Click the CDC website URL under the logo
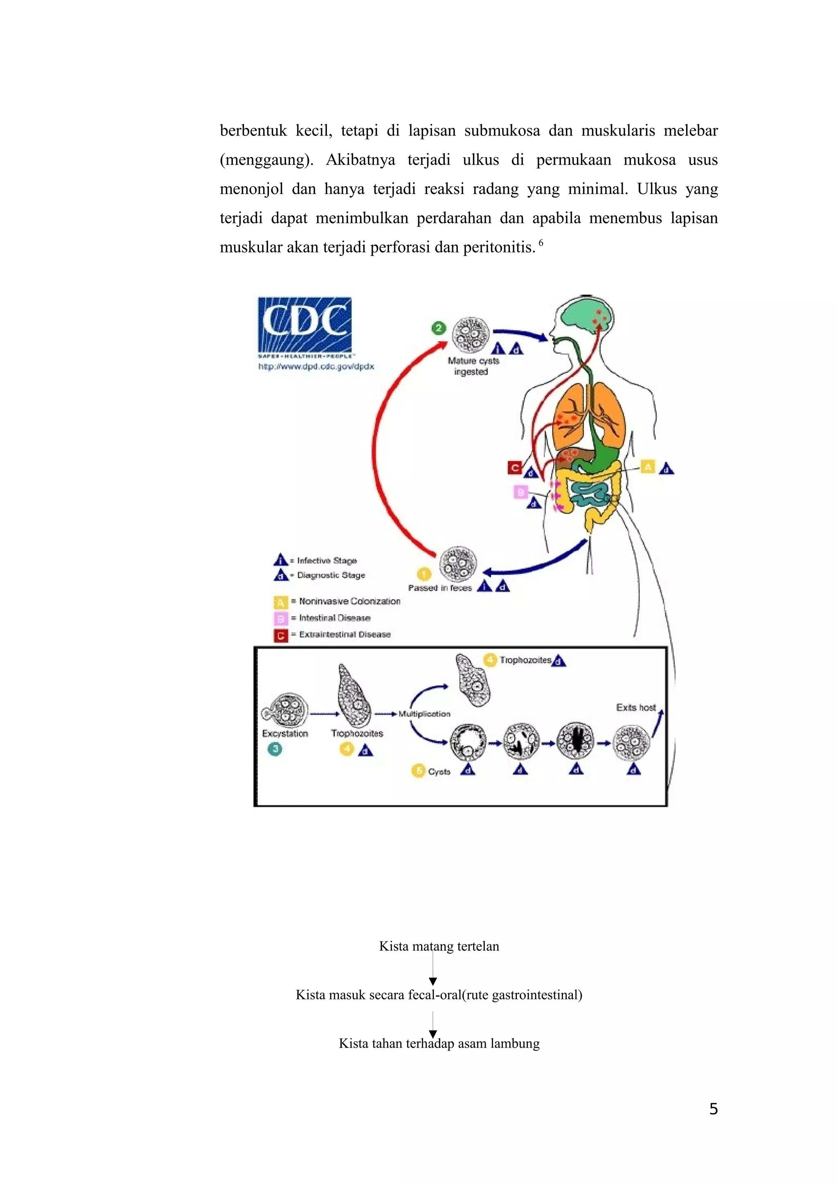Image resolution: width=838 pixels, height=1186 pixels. point(316,367)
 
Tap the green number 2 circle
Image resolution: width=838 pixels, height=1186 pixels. point(438,328)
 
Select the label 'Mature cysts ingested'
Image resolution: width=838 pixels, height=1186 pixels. point(473,366)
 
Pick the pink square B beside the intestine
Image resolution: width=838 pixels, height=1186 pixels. point(521,492)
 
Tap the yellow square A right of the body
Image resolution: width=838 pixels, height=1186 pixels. point(647,467)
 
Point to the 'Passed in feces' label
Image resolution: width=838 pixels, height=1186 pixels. point(440,588)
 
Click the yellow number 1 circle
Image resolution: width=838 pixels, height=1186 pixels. point(424,575)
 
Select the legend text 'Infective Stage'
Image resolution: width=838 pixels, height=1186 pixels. point(327,560)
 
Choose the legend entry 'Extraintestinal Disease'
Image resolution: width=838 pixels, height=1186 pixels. point(345,634)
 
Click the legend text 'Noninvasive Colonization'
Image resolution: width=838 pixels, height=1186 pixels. point(349,601)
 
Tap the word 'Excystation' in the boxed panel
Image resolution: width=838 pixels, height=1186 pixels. point(285,733)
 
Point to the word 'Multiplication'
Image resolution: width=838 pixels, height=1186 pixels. point(424,714)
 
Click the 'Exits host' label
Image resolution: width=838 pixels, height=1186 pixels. point(635,708)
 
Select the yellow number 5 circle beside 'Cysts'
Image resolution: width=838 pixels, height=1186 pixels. point(418,771)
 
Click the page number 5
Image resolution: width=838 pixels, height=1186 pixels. point(713,1109)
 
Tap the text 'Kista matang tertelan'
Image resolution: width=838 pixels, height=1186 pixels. point(439,946)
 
